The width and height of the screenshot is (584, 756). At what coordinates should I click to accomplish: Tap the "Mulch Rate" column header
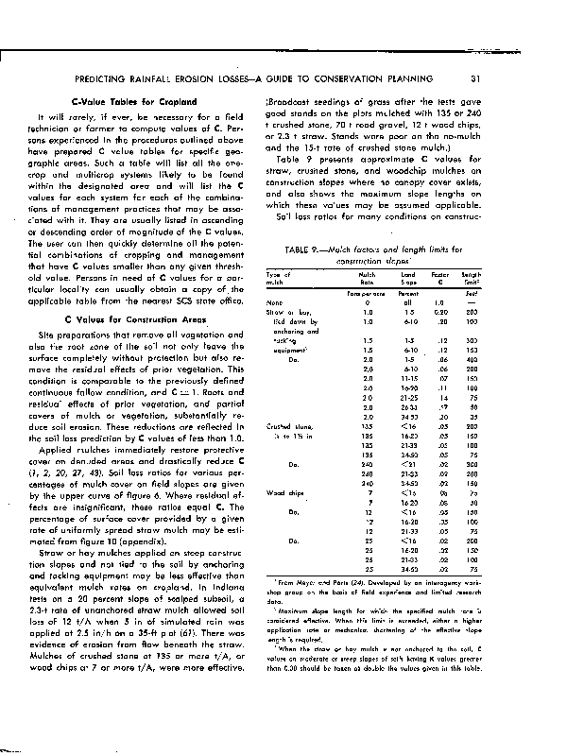pos(368,278)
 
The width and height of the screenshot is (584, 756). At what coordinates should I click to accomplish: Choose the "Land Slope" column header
pos(408,278)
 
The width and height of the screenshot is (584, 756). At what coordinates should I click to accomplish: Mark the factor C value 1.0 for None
pos(438,302)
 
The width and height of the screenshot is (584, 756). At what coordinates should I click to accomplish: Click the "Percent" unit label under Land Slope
pos(408,294)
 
